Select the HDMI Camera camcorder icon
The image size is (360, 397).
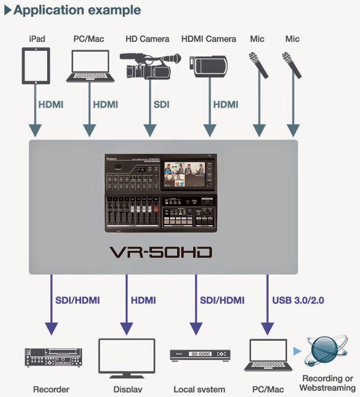coord(209,65)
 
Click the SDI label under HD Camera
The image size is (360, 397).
coord(161,105)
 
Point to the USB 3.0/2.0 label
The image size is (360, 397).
coord(298,300)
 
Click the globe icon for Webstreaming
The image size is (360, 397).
coord(325,352)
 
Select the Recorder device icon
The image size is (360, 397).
coord(53,357)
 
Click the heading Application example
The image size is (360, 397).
coord(77,10)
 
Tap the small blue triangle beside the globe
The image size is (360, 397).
coord(298,351)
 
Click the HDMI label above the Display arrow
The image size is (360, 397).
coord(143,300)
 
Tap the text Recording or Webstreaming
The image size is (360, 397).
coord(328,383)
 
